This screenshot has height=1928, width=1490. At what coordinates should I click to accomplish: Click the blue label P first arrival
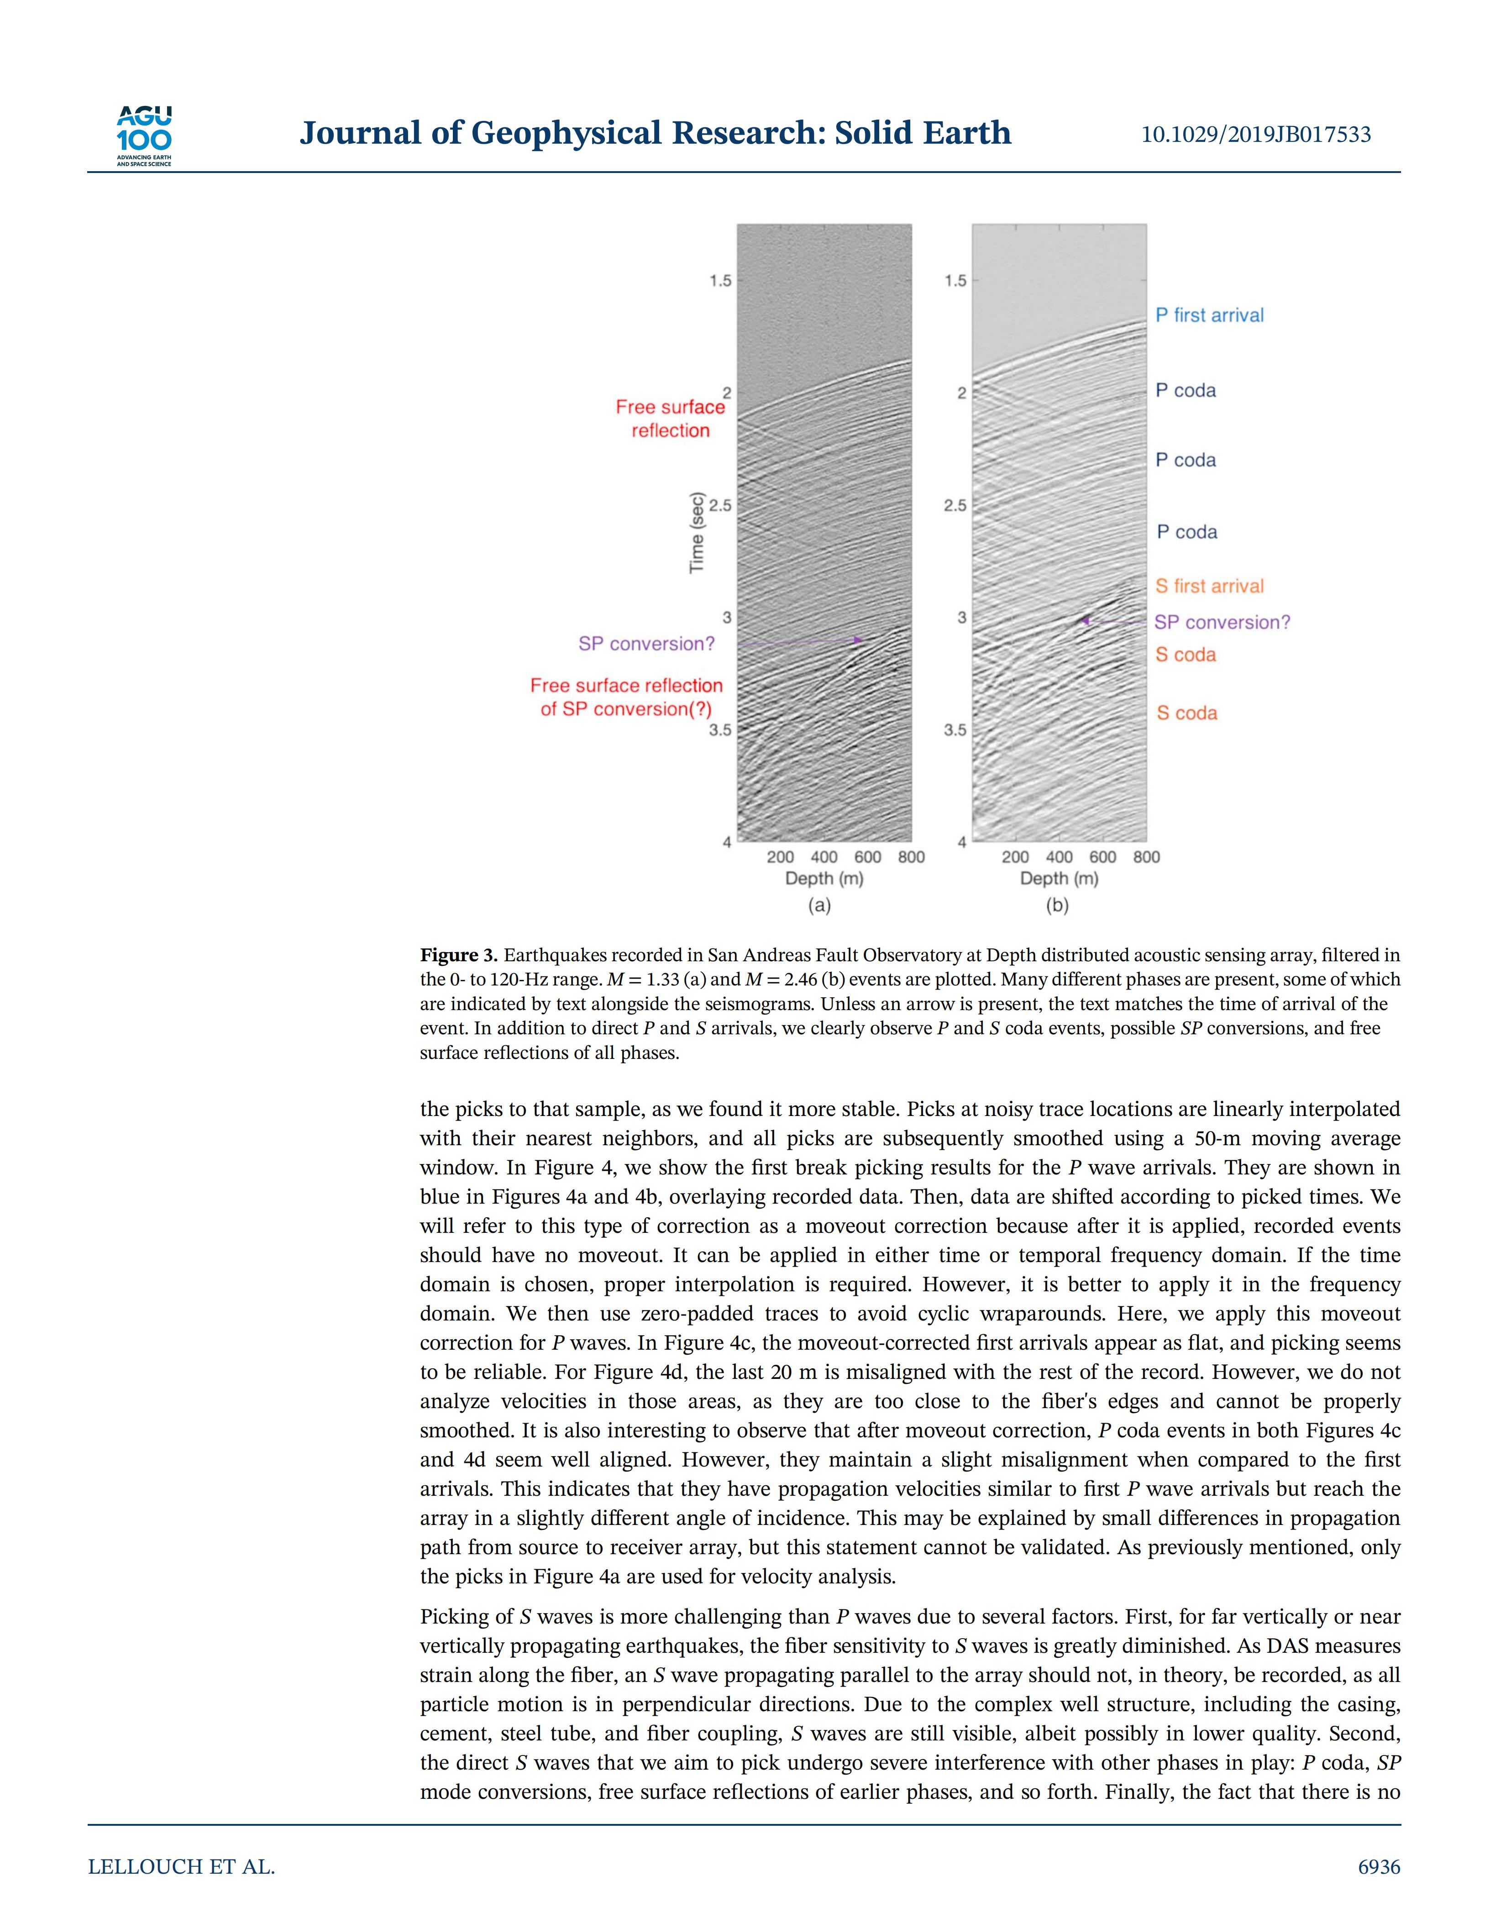(1209, 315)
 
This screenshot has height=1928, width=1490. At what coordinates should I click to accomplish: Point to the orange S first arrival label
(1209, 586)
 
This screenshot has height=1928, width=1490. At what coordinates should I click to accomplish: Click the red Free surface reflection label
(670, 419)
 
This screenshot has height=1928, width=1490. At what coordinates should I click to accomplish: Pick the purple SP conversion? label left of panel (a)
(646, 644)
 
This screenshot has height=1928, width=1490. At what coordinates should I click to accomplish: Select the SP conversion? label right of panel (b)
(1222, 623)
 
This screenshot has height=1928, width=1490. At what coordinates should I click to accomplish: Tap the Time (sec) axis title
(698, 532)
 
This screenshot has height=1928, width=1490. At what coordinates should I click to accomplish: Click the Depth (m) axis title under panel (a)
(824, 878)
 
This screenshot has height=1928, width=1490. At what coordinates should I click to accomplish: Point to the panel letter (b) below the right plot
(1057, 905)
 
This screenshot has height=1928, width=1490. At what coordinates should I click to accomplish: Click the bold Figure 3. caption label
(459, 955)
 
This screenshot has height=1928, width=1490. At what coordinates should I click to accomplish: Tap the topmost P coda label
(1186, 390)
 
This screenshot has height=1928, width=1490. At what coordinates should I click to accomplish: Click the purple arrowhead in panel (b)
(1085, 621)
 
